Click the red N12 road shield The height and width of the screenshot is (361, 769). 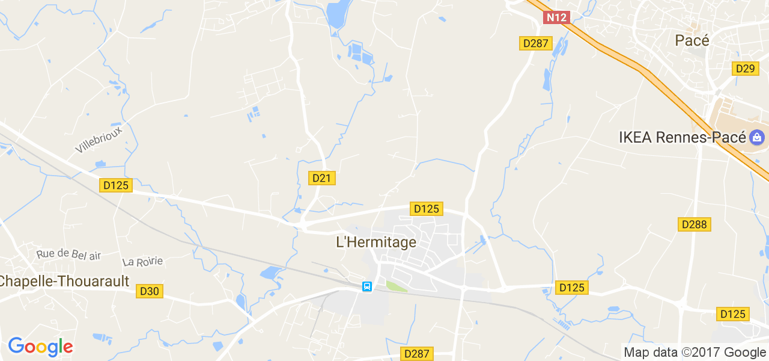point(556,17)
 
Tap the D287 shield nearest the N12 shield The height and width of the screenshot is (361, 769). point(535,43)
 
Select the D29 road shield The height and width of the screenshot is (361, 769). point(744,69)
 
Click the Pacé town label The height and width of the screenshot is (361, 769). point(692,40)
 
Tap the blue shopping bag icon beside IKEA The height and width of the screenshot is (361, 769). point(756,137)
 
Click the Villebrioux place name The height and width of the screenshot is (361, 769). point(99,140)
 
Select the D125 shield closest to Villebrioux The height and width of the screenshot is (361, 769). point(116,185)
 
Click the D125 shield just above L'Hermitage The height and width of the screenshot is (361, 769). point(427,209)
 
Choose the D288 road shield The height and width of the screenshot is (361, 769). point(695,224)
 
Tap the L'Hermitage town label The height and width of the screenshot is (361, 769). point(375,242)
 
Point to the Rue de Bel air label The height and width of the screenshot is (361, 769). point(68,255)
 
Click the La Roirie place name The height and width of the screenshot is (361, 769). point(142,262)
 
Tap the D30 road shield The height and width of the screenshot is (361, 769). point(149,291)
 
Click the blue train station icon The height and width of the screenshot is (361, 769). point(366,286)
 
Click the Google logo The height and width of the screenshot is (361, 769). point(40,347)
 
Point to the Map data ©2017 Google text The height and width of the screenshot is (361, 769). point(695,353)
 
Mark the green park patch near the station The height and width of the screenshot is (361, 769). point(395,286)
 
